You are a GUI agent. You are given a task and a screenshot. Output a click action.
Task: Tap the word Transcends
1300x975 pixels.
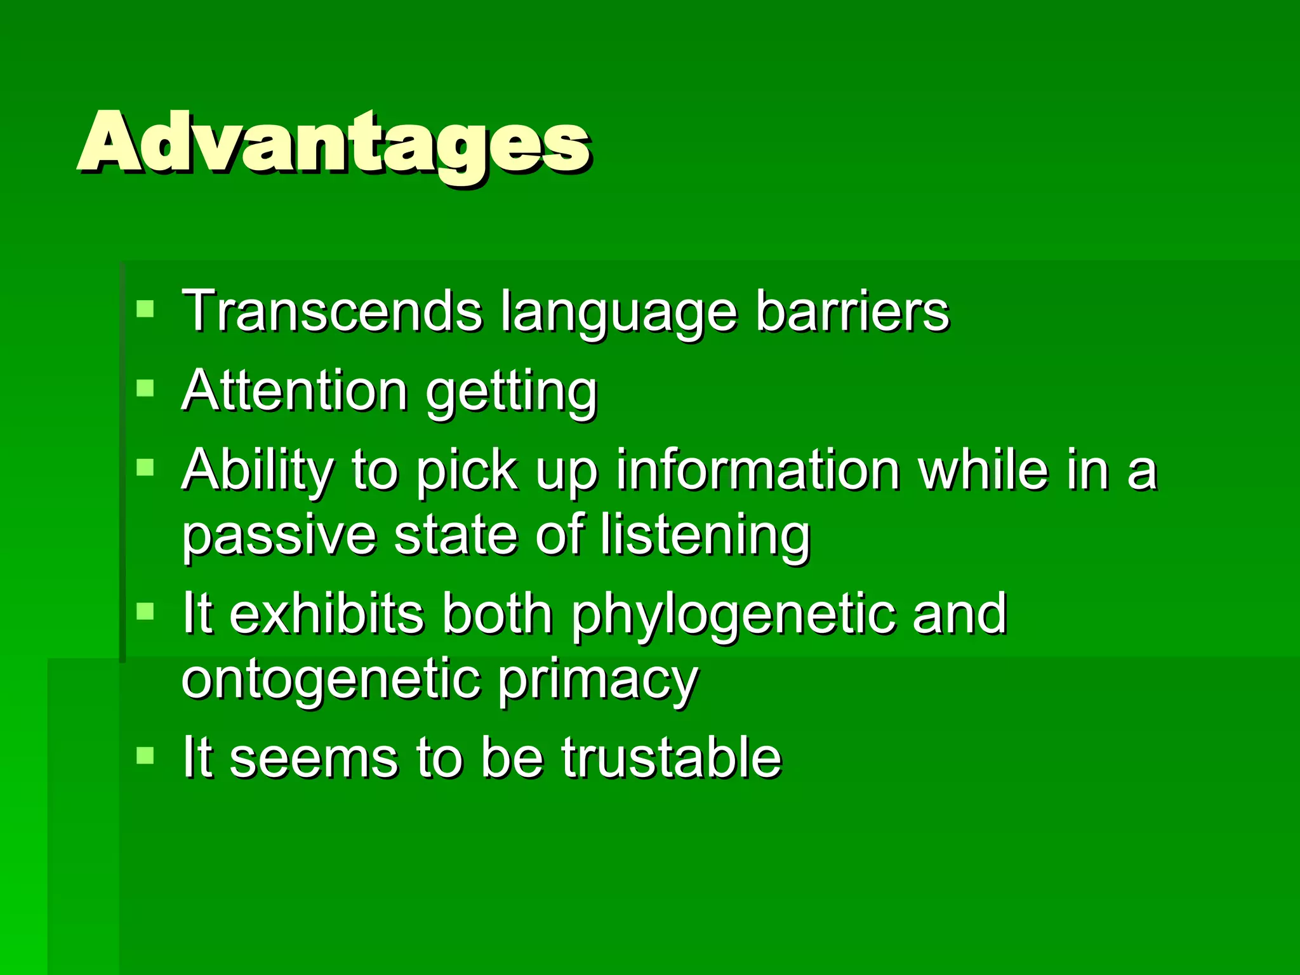[331, 310]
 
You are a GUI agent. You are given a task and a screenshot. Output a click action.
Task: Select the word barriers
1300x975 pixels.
[852, 310]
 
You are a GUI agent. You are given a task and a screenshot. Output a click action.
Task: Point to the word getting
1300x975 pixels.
[512, 394]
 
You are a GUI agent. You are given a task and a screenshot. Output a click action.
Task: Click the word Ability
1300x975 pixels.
[257, 471]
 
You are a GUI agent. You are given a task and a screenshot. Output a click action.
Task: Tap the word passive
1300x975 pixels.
[279, 537]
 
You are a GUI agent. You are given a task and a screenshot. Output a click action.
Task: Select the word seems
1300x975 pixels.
[313, 758]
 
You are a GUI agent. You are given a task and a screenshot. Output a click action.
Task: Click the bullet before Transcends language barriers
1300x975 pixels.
[145, 309]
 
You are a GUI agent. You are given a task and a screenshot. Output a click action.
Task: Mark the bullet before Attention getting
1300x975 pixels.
[145, 388]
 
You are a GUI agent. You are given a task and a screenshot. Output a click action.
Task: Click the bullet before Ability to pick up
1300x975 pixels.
[145, 468]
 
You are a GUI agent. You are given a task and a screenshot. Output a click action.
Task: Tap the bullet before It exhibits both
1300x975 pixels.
[145, 611]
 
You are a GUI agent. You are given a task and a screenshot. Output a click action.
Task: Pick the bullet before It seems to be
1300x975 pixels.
[145, 755]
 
